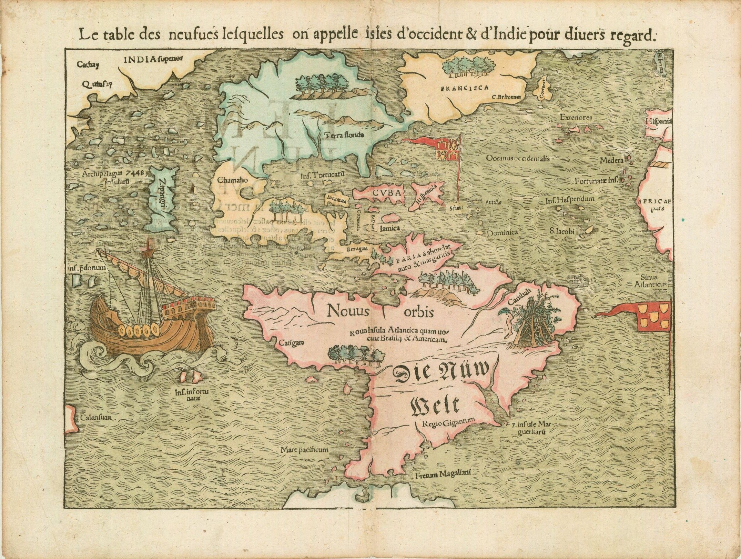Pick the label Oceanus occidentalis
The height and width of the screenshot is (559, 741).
point(518,159)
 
